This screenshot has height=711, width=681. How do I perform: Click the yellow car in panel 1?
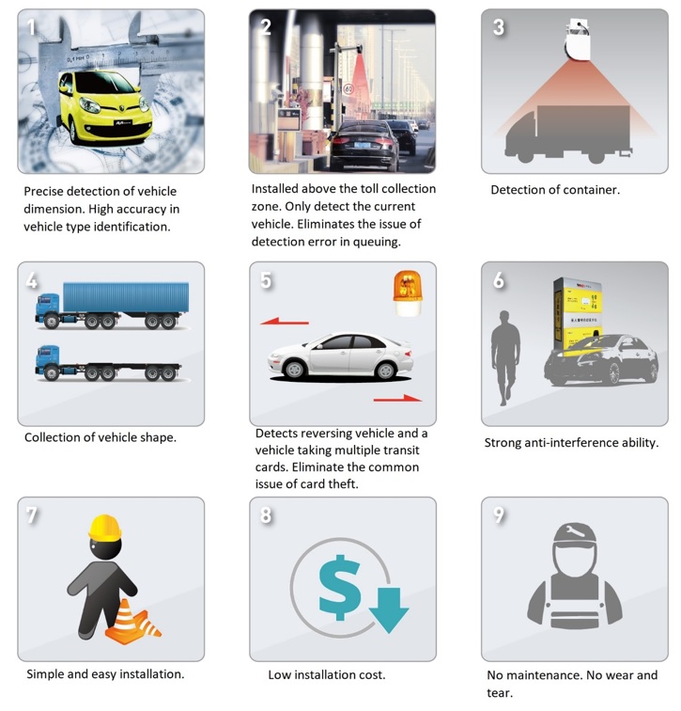pyautogui.click(x=105, y=107)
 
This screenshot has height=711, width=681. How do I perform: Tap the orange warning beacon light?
pyautogui.click(x=407, y=292)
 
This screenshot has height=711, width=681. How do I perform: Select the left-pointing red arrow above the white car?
pyautogui.click(x=285, y=322)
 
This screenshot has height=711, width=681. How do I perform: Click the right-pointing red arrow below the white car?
pyautogui.click(x=397, y=399)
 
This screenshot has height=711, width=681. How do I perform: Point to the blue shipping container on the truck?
pyautogui.click(x=126, y=297)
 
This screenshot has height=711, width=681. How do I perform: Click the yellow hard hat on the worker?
pyautogui.click(x=105, y=528)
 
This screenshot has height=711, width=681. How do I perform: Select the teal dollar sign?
pyautogui.click(x=340, y=587)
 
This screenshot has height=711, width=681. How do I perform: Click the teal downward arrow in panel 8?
pyautogui.click(x=389, y=609)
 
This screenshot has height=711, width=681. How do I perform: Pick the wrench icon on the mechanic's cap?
pyautogui.click(x=574, y=531)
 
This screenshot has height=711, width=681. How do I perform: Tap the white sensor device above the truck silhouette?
pyautogui.click(x=578, y=39)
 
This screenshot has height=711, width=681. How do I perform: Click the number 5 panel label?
pyautogui.click(x=266, y=280)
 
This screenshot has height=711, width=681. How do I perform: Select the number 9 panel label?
pyautogui.click(x=499, y=514)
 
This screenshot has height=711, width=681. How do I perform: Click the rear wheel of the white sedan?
pyautogui.click(x=385, y=371)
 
